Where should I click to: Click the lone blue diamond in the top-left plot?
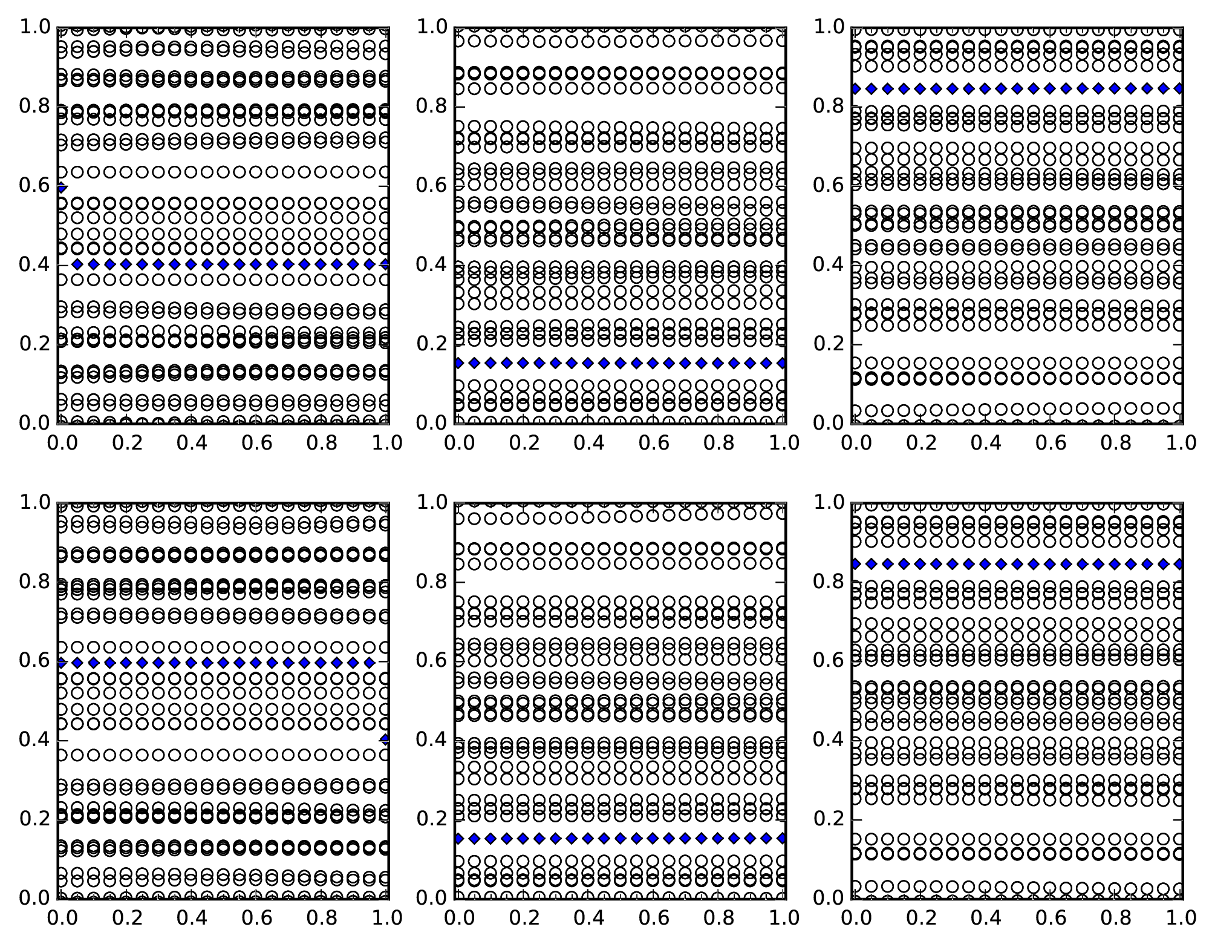60,188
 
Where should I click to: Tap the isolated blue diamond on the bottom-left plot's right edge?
385,739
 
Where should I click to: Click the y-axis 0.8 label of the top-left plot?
35,106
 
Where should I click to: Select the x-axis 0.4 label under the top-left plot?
192,443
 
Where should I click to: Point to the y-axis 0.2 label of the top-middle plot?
432,344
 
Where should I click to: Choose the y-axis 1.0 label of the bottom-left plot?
35,502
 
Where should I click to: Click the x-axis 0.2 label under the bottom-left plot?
127,918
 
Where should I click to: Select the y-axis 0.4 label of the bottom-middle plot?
432,739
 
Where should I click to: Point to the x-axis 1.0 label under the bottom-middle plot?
784,918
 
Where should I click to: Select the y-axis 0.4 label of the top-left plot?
35,264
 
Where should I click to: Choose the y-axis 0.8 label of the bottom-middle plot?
432,582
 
